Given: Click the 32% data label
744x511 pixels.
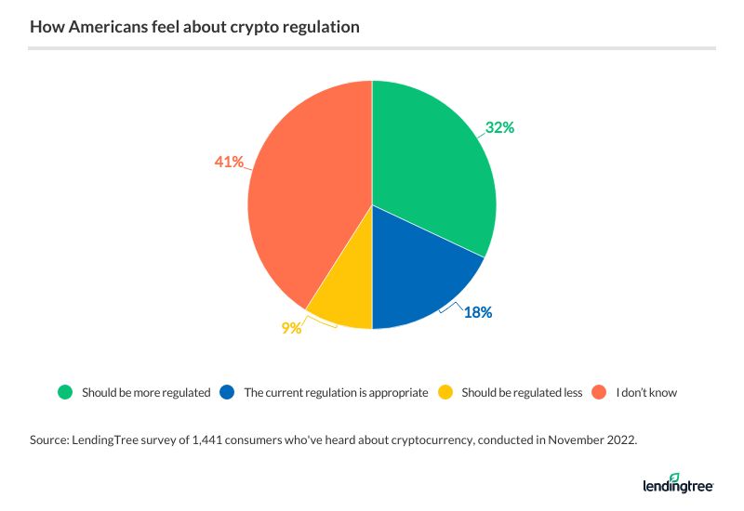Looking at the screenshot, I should pos(499,128).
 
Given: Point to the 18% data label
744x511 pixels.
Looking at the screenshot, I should pos(478,312).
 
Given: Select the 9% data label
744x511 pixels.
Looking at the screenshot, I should pos(291,327).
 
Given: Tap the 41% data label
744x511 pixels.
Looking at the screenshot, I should pos(229,162).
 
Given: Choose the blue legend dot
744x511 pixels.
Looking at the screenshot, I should pos(226,392).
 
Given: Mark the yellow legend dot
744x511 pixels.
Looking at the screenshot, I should pos(445,392).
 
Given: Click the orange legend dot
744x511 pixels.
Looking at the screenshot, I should pos(599,392).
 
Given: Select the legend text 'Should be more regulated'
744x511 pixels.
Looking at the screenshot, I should pos(146,392).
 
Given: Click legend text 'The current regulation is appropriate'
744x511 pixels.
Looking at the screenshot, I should pos(336,392).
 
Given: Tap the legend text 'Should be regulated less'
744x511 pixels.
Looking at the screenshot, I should pos(523,392).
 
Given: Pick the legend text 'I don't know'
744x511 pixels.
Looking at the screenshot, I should pos(646,392).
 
